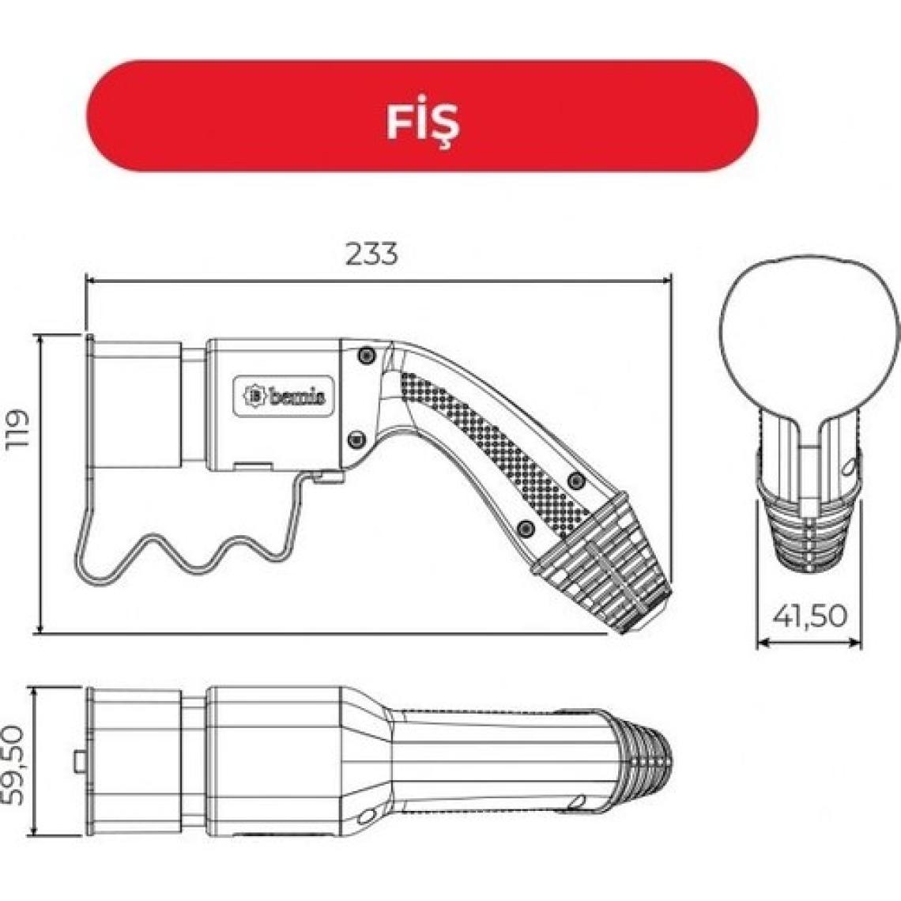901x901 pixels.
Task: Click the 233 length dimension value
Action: pos(371,254)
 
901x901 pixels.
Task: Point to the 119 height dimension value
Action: pos(17,429)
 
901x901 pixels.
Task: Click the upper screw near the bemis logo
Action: pos(366,356)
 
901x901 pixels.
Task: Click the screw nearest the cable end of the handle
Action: pos(522,527)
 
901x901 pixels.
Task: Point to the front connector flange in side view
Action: pos(92,403)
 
